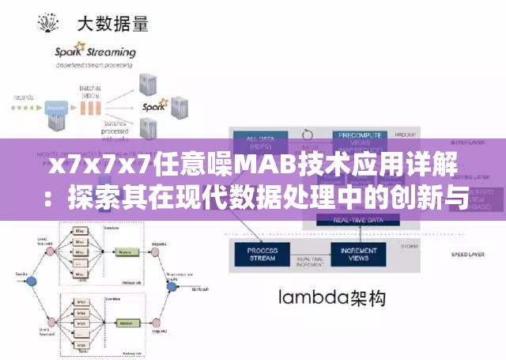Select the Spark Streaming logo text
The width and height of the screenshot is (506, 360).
click(94, 53)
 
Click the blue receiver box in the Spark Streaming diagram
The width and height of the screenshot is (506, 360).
click(55, 106)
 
